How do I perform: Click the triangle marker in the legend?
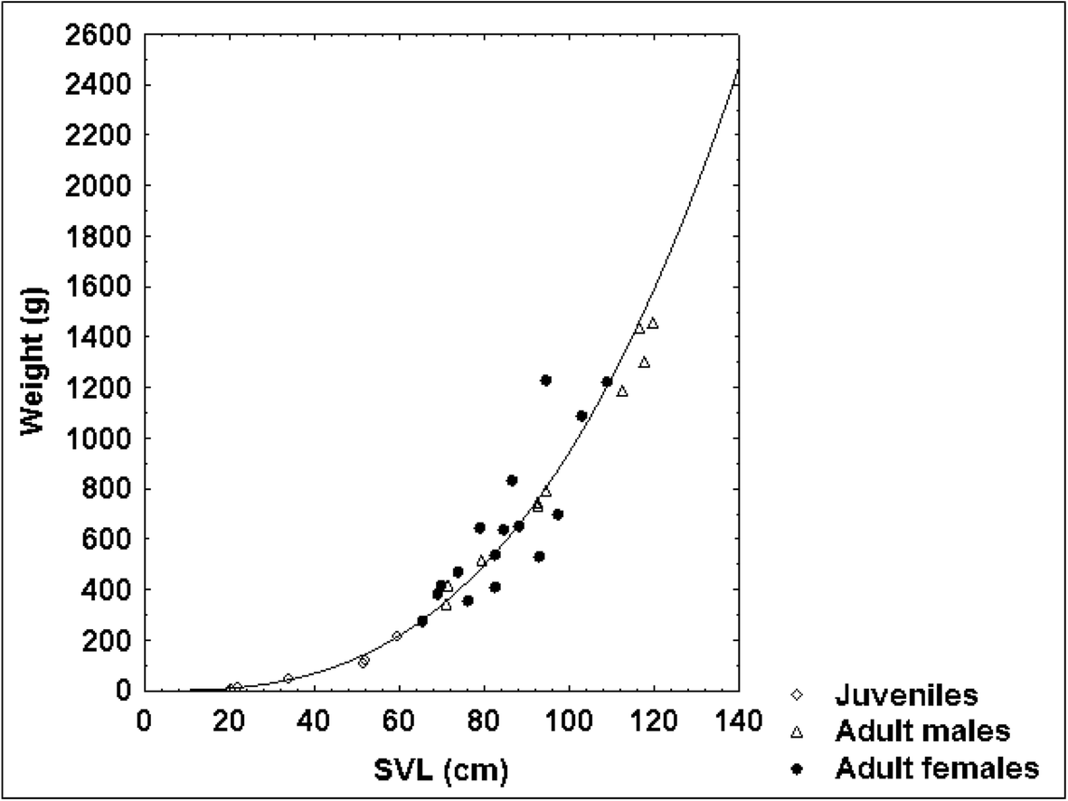click(x=797, y=732)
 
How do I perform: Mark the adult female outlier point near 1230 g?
click(x=545, y=381)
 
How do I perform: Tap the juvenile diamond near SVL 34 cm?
click(x=288, y=679)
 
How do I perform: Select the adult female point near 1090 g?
click(x=581, y=416)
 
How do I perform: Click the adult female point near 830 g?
click(x=512, y=480)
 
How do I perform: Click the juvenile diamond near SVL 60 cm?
click(x=397, y=636)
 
